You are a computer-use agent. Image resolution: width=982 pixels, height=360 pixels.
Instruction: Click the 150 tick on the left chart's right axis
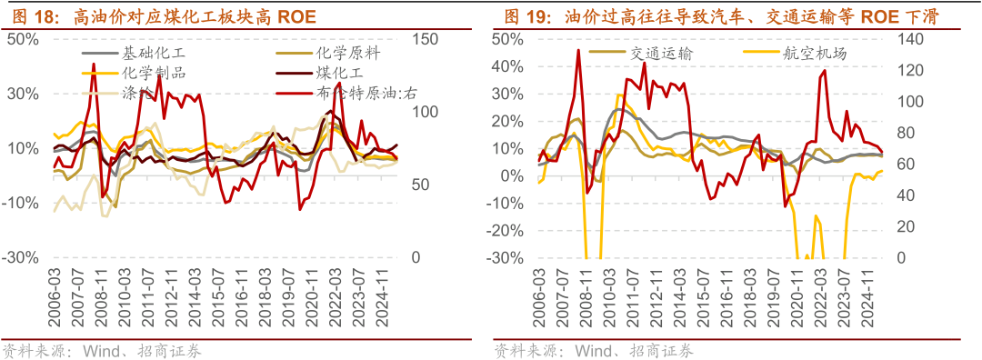coord(425,39)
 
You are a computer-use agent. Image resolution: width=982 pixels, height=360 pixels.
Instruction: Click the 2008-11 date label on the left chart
coord(108,297)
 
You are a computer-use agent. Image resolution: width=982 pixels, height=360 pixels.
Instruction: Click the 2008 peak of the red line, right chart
coord(578,50)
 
